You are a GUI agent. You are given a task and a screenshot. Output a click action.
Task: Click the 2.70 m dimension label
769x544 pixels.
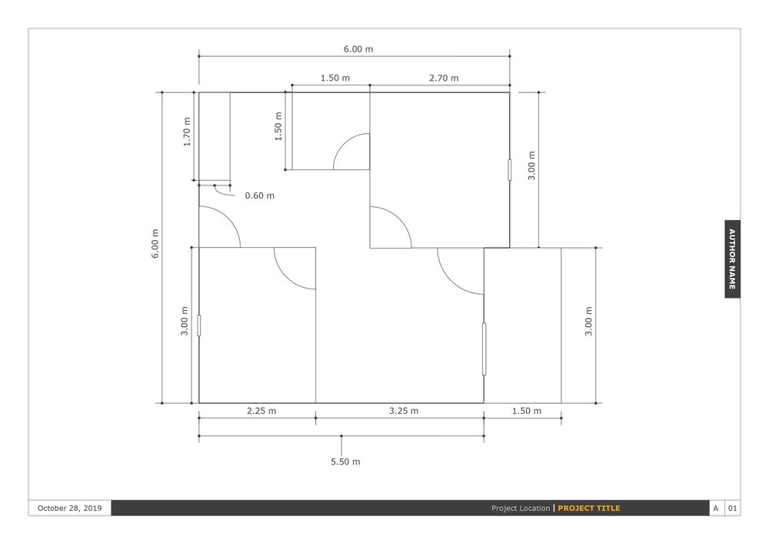coord(444,78)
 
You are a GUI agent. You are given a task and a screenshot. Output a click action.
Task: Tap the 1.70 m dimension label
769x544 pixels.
coord(187,132)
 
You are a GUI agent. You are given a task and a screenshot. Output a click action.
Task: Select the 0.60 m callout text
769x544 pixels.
coord(259,195)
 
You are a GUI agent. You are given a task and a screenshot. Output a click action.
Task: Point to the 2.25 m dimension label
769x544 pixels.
coord(261,411)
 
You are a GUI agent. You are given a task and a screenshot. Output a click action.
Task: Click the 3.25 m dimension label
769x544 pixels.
coord(404,411)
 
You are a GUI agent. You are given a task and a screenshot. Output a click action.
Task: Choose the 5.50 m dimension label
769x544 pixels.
coord(345,462)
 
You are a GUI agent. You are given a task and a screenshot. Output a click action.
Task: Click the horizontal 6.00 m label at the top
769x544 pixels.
coord(358,49)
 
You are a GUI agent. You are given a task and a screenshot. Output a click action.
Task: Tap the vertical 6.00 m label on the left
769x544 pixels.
coord(155,243)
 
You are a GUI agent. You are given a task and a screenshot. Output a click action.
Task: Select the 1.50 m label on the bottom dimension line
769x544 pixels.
coord(527,411)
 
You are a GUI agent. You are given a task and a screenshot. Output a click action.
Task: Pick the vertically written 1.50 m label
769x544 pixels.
coord(278,126)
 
